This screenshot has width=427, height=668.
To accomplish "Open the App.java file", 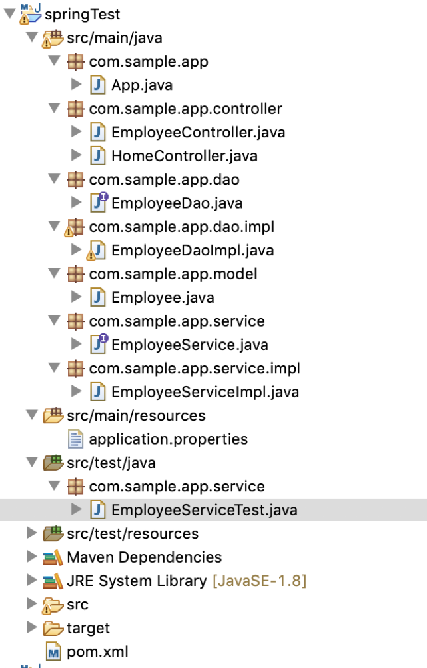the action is [x=142, y=85].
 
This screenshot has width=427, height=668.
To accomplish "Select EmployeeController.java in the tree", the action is [x=198, y=132].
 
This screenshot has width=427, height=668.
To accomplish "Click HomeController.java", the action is [x=184, y=156].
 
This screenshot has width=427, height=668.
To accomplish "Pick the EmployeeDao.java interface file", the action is [x=177, y=203].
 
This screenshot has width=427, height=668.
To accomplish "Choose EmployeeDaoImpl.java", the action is [x=193, y=251].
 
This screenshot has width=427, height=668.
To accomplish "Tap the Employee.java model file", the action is [x=163, y=297].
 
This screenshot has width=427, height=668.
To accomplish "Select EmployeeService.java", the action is [x=189, y=345].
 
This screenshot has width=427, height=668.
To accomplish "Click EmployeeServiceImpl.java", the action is [x=205, y=391].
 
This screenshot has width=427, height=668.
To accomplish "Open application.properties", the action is [x=168, y=439].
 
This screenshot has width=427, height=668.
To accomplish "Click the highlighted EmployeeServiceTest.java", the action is [x=204, y=510].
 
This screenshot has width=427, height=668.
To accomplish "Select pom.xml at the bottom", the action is [x=97, y=651].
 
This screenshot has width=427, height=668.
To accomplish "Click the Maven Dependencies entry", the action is [x=144, y=557].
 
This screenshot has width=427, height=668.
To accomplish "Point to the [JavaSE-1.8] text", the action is [x=259, y=581].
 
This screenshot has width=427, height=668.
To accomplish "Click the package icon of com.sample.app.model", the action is [x=76, y=274].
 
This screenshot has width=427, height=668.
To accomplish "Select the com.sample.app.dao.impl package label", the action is [x=181, y=227].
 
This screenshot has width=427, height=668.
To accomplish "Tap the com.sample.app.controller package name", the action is [x=185, y=109].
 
